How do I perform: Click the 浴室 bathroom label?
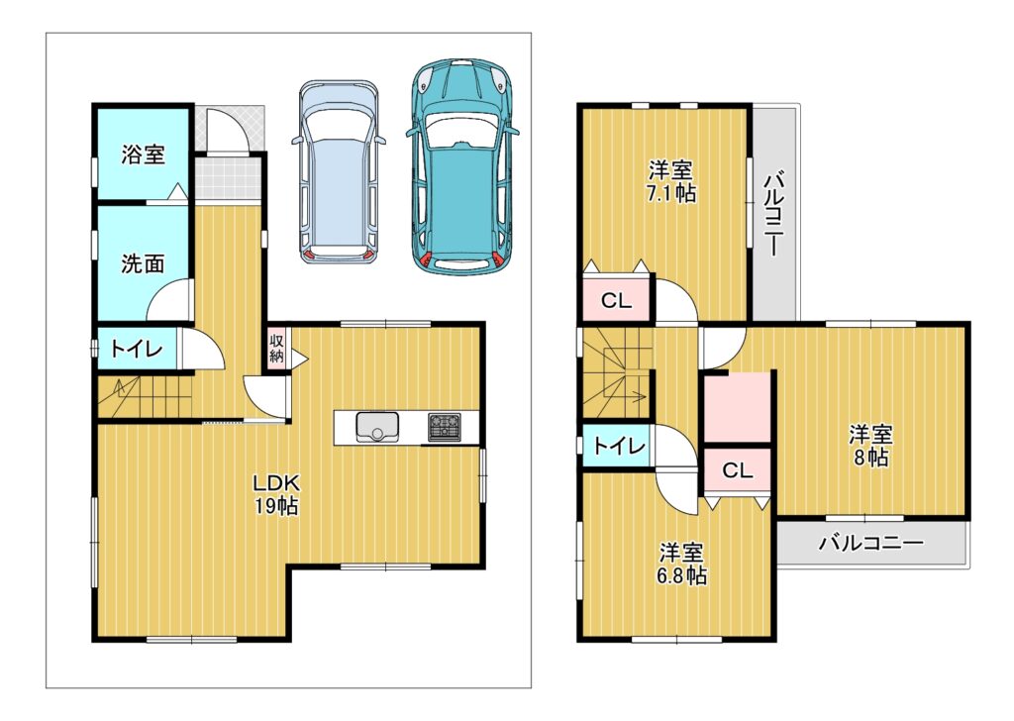(143, 154)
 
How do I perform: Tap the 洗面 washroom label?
(143, 263)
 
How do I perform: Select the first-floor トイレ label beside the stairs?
(137, 350)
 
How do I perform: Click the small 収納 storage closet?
(277, 349)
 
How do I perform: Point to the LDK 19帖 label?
(276, 494)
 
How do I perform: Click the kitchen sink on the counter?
(377, 427)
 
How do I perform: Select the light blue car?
(339, 172)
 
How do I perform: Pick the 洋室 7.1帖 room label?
(671, 182)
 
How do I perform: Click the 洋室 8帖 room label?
(870, 446)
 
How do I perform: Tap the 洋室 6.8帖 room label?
(681, 564)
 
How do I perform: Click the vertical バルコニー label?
(773, 213)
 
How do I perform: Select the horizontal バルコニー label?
(871, 543)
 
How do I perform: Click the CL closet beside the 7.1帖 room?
(616, 299)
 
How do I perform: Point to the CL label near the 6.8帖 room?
(737, 470)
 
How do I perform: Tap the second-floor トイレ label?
(619, 446)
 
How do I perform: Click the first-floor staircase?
(146, 397)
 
